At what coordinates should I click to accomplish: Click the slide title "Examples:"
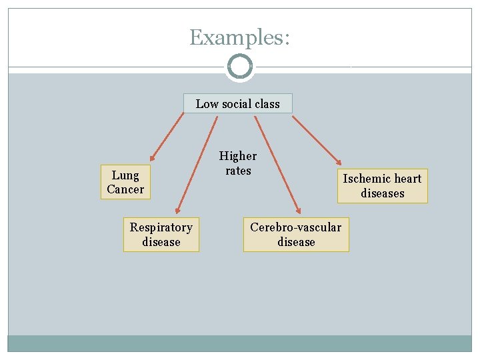[239, 37]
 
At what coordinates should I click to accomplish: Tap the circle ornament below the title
[239, 67]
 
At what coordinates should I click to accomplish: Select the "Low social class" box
[238, 103]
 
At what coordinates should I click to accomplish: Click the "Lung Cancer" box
[125, 182]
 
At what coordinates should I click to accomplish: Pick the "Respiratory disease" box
[161, 235]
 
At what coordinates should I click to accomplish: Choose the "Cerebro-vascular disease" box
[296, 235]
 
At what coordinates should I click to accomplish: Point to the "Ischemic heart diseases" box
[382, 186]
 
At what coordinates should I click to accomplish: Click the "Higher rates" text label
[238, 163]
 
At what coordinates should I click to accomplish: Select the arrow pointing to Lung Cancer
[167, 137]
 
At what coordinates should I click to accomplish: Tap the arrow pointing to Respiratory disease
[197, 163]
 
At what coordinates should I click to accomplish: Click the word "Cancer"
[125, 189]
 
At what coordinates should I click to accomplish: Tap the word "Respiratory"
[161, 227]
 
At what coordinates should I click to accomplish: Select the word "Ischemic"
[367, 179]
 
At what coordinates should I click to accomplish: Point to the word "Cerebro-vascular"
[296, 227]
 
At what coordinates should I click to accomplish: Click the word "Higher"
[238, 156]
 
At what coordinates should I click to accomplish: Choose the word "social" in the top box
[237, 103]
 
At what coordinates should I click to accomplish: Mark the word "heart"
[407, 179]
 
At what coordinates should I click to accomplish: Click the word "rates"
[238, 171]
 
